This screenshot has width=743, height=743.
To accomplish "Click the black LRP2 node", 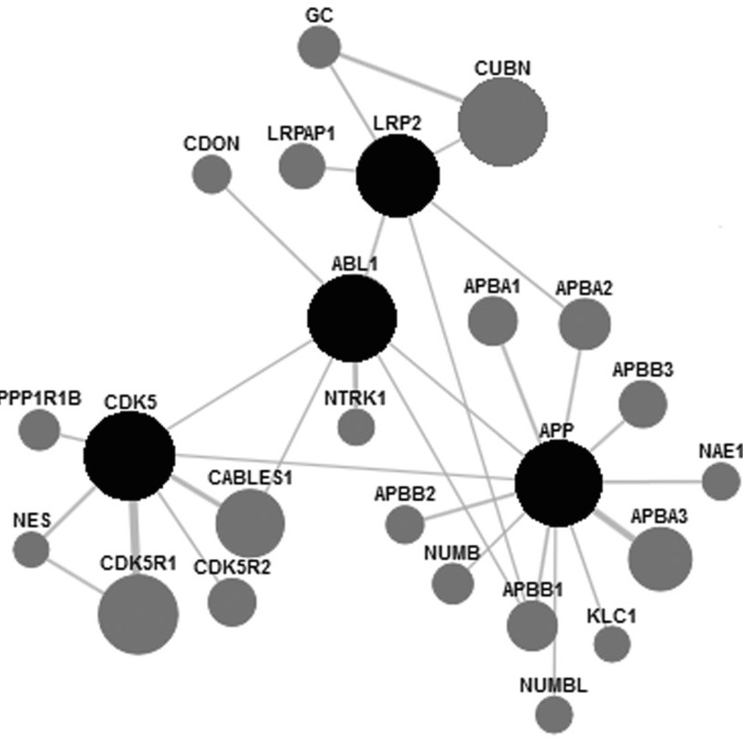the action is [398, 176].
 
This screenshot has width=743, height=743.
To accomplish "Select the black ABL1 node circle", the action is [352, 319].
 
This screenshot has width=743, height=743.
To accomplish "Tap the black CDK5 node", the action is [129, 456].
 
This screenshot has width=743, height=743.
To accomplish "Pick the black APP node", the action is [558, 484].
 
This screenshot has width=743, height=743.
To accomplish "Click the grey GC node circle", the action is [320, 47].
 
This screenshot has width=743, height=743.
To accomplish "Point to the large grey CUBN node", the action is [503, 122].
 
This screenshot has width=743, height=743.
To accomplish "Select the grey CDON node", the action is [212, 174].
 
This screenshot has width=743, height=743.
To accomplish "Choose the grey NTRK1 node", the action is [355, 428].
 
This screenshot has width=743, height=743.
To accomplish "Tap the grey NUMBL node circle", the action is [554, 714].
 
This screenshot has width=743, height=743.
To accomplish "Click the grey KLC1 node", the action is [612, 643].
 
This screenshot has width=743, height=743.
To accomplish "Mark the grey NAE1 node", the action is [721, 481].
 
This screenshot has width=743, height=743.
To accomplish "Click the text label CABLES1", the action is [250, 477].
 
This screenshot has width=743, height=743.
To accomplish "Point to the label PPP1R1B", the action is [40, 398].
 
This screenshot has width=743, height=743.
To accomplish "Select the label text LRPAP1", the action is [301, 134].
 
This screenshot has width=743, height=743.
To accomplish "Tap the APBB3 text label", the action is [642, 369].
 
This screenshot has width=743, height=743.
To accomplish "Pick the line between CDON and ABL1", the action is [273, 235].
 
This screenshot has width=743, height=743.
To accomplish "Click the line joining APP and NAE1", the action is [652, 482].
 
